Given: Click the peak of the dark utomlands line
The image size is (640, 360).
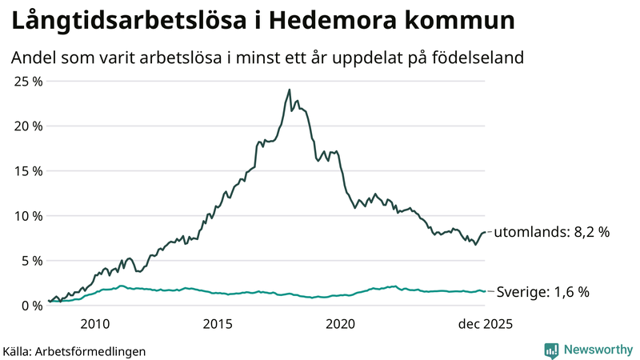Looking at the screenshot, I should click(289, 90).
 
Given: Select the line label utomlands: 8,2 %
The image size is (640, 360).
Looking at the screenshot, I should click(551, 232).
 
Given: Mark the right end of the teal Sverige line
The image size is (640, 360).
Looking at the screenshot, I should click(485, 291).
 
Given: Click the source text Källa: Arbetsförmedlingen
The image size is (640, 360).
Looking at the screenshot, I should click(74, 350).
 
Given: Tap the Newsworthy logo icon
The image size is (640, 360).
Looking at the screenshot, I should click(551, 350).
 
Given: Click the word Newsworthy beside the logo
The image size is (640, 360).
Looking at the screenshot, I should click(597, 350).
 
